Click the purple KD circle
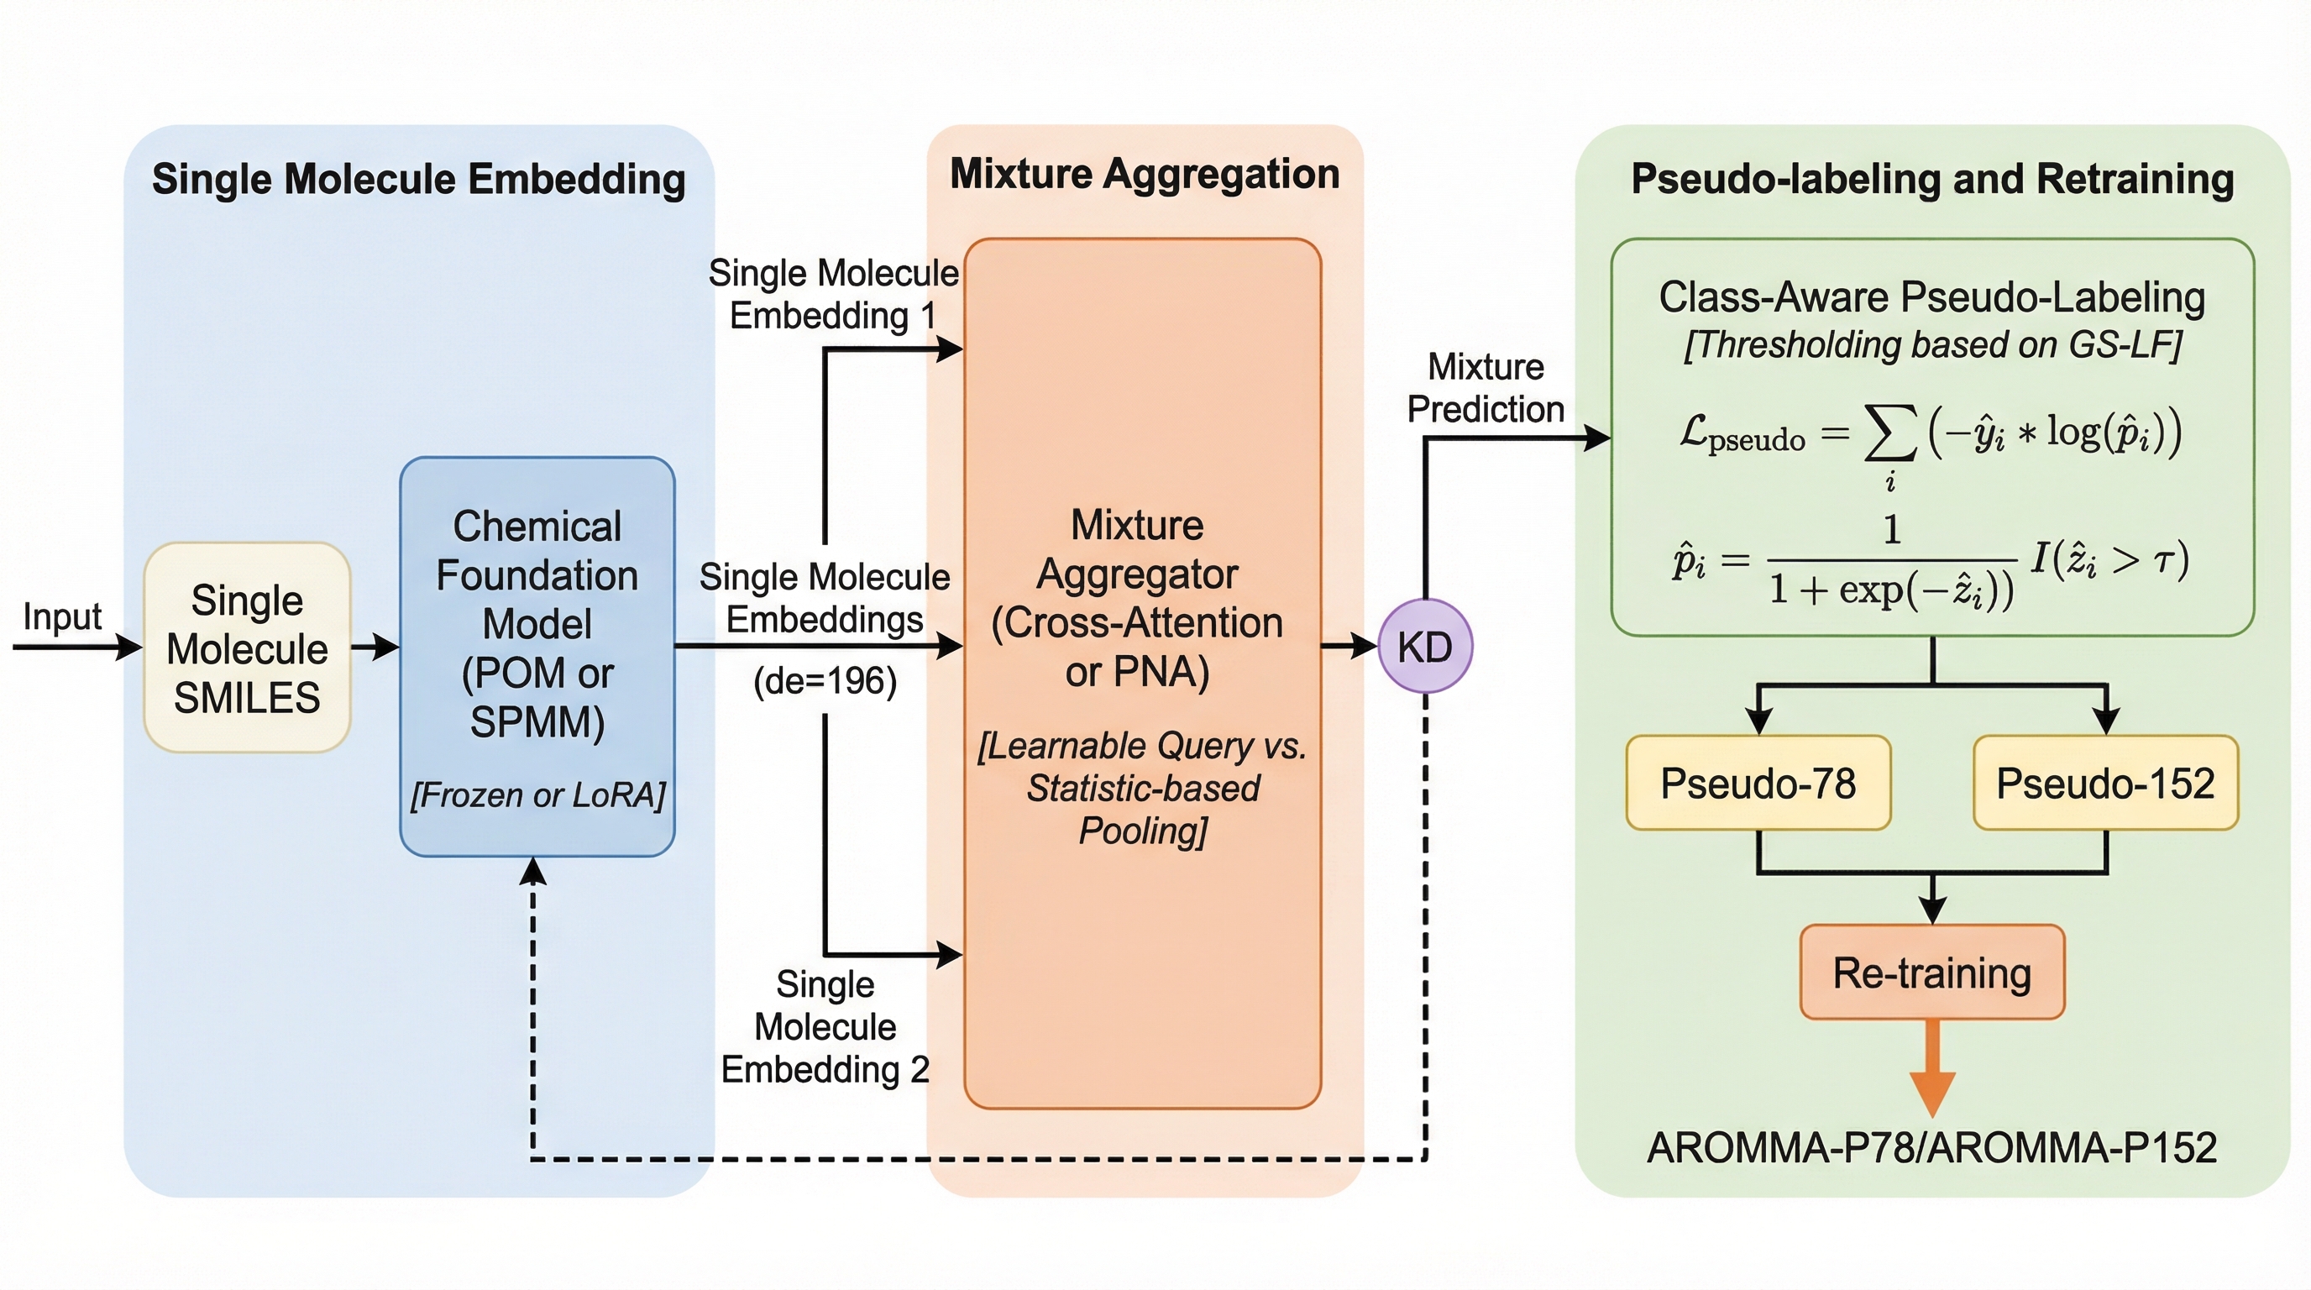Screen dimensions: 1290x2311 [1424, 646]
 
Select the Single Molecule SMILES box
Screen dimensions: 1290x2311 [247, 648]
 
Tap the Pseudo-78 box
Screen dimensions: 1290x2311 [1758, 783]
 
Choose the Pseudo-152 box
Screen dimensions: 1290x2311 [2104, 783]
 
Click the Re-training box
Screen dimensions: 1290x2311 [1931, 973]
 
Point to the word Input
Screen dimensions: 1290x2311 [62, 616]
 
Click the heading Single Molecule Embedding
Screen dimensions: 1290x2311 [418, 179]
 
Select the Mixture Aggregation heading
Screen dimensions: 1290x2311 [1145, 174]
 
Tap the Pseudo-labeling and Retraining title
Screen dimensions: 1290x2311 [1931, 179]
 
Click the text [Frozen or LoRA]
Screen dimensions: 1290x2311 [537, 794]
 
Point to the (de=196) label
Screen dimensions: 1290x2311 [825, 681]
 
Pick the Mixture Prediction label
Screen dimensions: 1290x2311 [1485, 387]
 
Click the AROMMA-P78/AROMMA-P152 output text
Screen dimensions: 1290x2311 [1931, 1147]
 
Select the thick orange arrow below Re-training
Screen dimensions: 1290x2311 [1931, 1067]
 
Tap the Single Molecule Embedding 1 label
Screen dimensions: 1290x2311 [833, 294]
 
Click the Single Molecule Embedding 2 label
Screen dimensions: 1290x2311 [825, 1026]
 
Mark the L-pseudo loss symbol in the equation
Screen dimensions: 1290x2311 [1741, 434]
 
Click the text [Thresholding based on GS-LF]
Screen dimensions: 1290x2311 [1931, 345]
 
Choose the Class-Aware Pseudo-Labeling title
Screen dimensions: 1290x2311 [1931, 297]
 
